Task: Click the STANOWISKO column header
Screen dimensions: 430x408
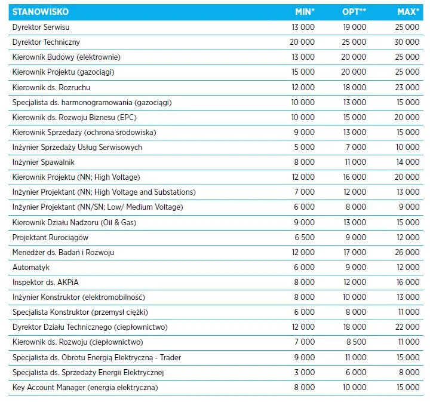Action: click(41, 12)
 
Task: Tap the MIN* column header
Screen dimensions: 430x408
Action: click(305, 12)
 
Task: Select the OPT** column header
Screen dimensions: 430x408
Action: click(354, 12)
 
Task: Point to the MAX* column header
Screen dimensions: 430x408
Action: click(408, 12)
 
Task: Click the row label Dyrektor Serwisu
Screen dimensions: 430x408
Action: click(41, 27)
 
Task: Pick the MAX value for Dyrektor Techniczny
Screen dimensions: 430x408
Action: click(407, 42)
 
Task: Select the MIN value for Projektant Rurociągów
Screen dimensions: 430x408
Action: click(305, 237)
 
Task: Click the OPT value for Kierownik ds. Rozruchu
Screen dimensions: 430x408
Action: click(355, 87)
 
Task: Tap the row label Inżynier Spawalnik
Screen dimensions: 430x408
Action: click(44, 162)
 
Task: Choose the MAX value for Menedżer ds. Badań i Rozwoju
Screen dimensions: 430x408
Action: click(407, 252)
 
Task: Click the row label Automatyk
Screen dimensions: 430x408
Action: click(30, 267)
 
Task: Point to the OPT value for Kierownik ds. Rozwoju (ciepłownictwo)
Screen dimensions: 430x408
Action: click(356, 342)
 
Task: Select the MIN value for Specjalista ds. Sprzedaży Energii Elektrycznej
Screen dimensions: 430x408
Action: click(305, 372)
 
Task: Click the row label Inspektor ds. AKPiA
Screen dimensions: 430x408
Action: click(45, 283)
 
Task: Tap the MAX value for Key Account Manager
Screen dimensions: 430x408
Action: click(408, 387)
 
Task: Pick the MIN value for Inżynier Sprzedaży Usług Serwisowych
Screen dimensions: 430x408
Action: click(305, 147)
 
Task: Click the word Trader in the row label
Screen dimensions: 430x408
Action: click(171, 357)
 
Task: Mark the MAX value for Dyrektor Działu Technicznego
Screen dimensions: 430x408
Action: click(407, 327)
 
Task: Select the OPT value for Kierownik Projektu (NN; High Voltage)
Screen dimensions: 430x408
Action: click(355, 177)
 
